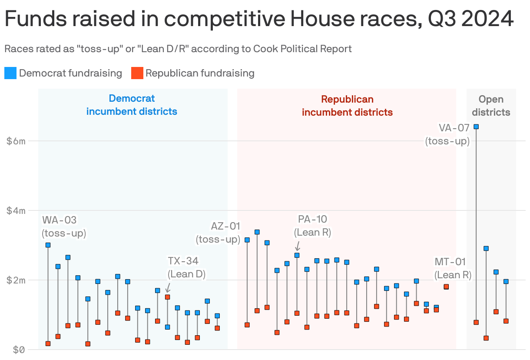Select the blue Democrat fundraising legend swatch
click(x=10, y=73)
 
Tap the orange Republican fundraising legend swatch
click(x=137, y=73)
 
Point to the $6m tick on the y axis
click(x=16, y=141)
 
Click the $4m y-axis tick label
click(x=16, y=210)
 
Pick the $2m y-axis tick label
click(x=16, y=280)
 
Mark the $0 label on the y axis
click(x=16, y=350)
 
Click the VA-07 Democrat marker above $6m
click(x=476, y=127)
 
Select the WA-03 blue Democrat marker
click(x=48, y=245)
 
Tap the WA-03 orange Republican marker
click(x=48, y=343)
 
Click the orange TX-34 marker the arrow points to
click(x=167, y=297)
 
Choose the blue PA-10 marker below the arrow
click(x=297, y=255)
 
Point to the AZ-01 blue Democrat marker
click(x=247, y=240)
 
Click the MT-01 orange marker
click(x=446, y=287)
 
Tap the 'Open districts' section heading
click(x=491, y=106)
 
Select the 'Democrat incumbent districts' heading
click(x=132, y=105)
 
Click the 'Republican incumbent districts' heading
click(x=347, y=106)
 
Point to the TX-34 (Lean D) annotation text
click(x=186, y=267)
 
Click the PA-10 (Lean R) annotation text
click(x=312, y=226)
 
